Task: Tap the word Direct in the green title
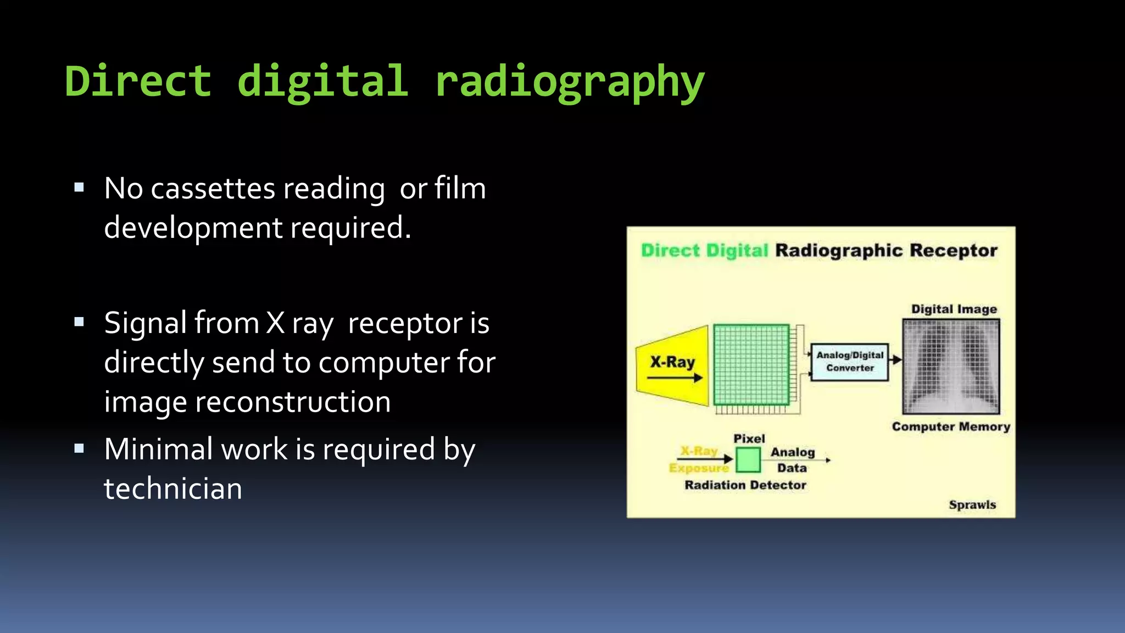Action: pyautogui.click(x=138, y=81)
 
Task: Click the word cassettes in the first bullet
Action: pyautogui.click(x=213, y=188)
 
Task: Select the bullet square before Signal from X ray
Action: pyautogui.click(x=79, y=322)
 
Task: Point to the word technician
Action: pyautogui.click(x=173, y=488)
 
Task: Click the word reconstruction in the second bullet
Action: pyautogui.click(x=293, y=402)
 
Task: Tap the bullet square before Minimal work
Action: pyautogui.click(x=79, y=448)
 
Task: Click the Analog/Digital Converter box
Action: pyautogui.click(x=849, y=362)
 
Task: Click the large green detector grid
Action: pyautogui.click(x=751, y=365)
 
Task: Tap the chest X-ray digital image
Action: pyautogui.click(x=951, y=367)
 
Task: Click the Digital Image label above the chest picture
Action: pyautogui.click(x=954, y=309)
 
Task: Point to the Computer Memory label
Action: pyautogui.click(x=951, y=427)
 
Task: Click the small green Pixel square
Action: pyautogui.click(x=748, y=460)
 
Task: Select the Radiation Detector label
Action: pyautogui.click(x=745, y=485)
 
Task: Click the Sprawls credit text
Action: pyautogui.click(x=972, y=505)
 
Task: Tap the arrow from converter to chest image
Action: pyautogui.click(x=895, y=360)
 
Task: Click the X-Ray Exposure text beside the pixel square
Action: pyautogui.click(x=699, y=459)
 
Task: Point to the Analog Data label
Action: pyautogui.click(x=792, y=460)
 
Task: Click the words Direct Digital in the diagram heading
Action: pyautogui.click(x=704, y=251)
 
